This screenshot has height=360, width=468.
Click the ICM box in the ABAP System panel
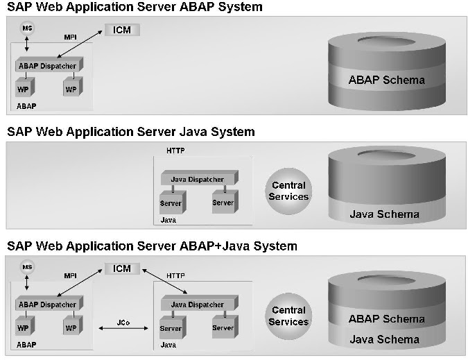[x=122, y=30]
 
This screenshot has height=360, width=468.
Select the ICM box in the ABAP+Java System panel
[x=122, y=268]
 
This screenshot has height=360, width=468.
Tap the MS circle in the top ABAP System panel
[x=28, y=28]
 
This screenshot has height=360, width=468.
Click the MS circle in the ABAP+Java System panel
[x=28, y=267]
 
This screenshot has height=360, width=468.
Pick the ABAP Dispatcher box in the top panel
[x=46, y=66]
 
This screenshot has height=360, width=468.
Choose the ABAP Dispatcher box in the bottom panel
[x=46, y=305]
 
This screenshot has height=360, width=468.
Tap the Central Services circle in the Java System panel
[x=289, y=191]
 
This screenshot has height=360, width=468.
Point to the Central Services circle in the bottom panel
[x=289, y=316]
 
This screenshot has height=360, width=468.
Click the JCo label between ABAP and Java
[x=121, y=323]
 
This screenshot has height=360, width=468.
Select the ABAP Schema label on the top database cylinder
[x=386, y=80]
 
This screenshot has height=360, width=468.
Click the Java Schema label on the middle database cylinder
[x=384, y=214]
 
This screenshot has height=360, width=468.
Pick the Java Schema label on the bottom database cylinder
[x=384, y=339]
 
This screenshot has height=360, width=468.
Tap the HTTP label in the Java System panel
[x=175, y=151]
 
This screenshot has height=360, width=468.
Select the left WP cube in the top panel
[x=24, y=90]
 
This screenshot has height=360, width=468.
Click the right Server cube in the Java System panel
[x=223, y=203]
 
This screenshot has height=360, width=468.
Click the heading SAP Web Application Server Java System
[x=131, y=132]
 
